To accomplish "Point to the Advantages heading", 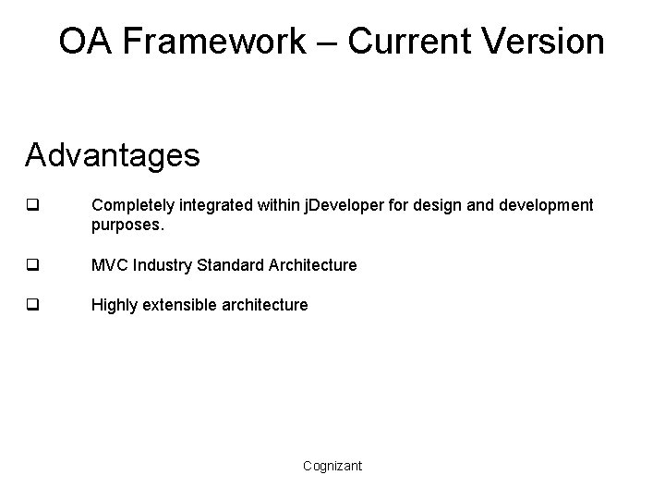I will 112,155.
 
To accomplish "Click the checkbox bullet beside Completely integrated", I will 32,204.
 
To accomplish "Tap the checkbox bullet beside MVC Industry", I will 32,265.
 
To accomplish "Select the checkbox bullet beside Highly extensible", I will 32,305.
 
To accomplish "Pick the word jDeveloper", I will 344,204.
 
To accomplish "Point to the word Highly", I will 113,305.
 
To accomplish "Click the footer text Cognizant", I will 332,466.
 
